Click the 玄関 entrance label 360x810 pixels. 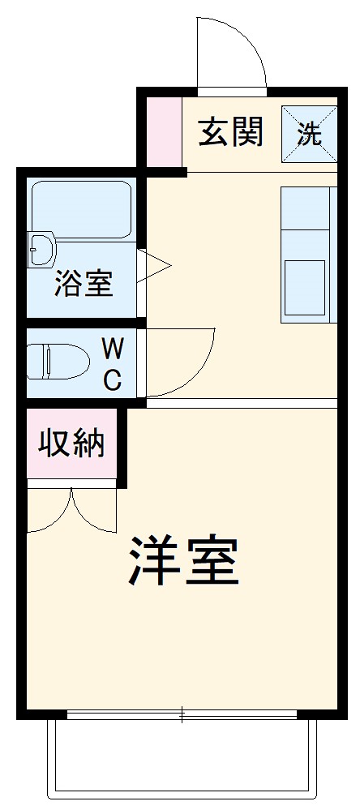click(231, 132)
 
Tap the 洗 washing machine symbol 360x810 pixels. click(309, 133)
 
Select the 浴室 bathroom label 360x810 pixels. click(84, 285)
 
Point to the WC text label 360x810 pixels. click(113, 364)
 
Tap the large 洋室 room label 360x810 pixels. click(183, 560)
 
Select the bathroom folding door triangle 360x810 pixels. click(154, 264)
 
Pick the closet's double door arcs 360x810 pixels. click(71, 511)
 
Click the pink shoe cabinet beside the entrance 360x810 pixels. click(164, 132)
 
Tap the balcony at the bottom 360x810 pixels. click(182, 758)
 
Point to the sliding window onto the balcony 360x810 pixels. click(182, 715)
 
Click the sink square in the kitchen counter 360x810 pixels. click(304, 288)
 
